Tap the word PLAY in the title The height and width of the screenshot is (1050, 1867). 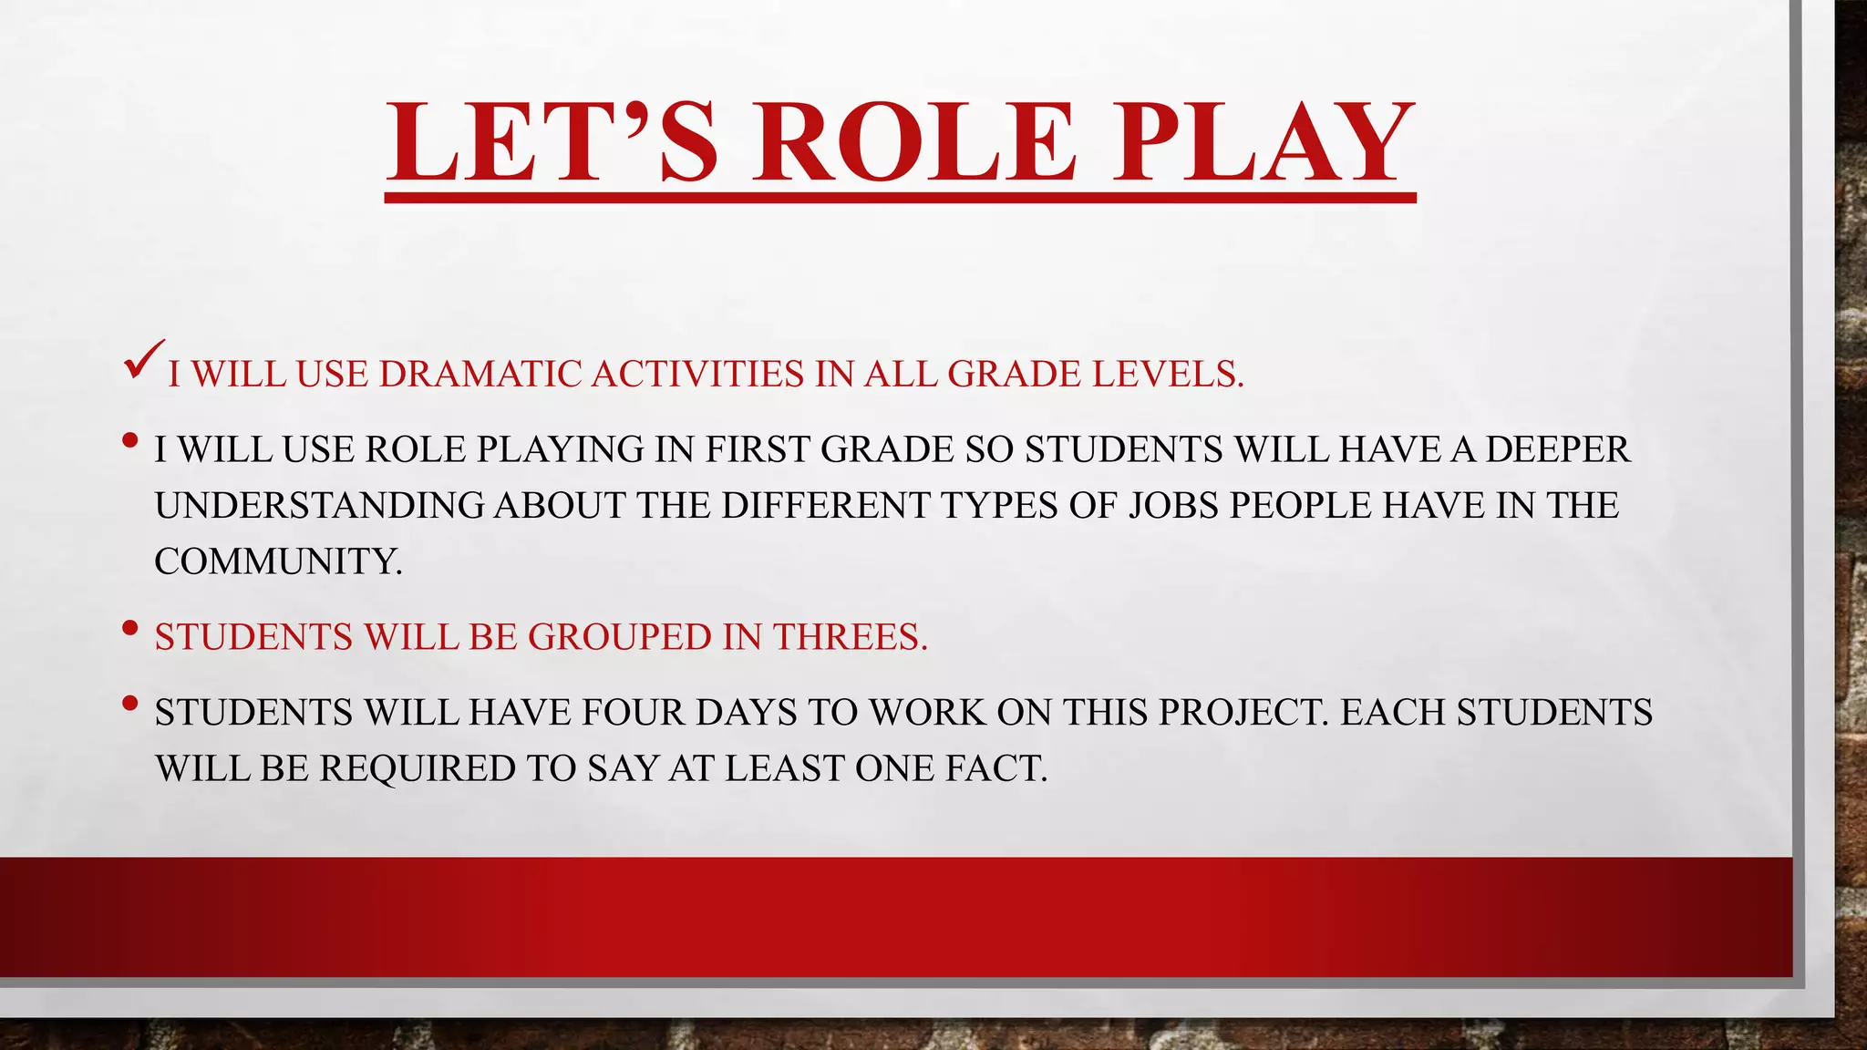1263,142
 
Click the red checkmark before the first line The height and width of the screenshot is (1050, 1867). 145,359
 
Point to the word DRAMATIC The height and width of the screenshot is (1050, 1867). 480,375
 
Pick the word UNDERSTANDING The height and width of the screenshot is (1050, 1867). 318,506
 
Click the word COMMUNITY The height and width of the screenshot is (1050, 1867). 277,562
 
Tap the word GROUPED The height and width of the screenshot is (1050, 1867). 620,637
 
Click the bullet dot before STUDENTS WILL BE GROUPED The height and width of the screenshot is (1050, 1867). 129,628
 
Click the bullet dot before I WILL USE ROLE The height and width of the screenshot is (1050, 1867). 129,441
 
